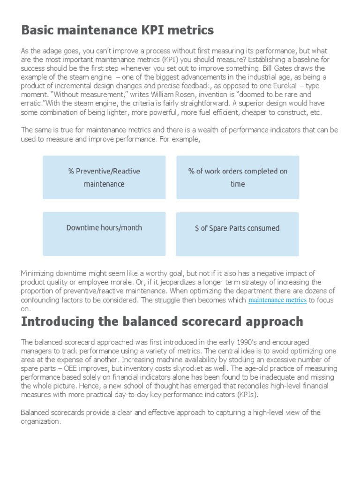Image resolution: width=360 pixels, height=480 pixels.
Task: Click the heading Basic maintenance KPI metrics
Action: (x=117, y=30)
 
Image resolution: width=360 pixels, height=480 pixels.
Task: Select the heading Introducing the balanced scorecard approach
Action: (x=162, y=322)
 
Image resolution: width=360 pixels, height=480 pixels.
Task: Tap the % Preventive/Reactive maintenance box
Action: (x=104, y=177)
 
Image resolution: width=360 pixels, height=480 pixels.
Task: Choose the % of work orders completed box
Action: (x=238, y=177)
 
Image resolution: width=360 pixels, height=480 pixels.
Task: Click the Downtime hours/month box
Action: (x=104, y=228)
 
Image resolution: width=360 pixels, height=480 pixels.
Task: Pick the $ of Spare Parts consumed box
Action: (x=237, y=228)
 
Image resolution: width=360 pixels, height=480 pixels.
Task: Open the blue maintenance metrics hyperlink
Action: (x=277, y=300)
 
